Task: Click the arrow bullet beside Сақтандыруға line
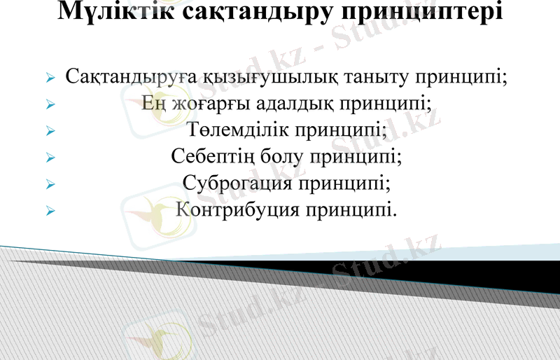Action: [x=50, y=78]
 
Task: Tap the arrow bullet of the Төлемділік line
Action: [x=50, y=131]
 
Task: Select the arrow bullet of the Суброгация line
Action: [x=50, y=184]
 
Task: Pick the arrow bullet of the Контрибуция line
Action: [x=50, y=209]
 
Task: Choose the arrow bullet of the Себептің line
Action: [x=50, y=157]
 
